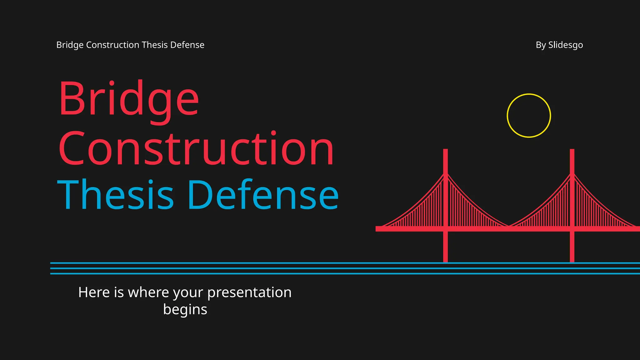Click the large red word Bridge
(x=129, y=99)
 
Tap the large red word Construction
(x=196, y=149)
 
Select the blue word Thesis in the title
(x=115, y=195)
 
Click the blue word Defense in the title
(x=263, y=195)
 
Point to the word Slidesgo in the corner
(x=566, y=45)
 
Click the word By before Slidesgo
(x=541, y=45)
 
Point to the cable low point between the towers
(x=509, y=226)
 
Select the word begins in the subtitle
(x=185, y=309)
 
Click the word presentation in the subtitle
(x=249, y=292)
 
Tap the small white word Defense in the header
(x=187, y=45)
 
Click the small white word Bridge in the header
(x=70, y=45)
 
